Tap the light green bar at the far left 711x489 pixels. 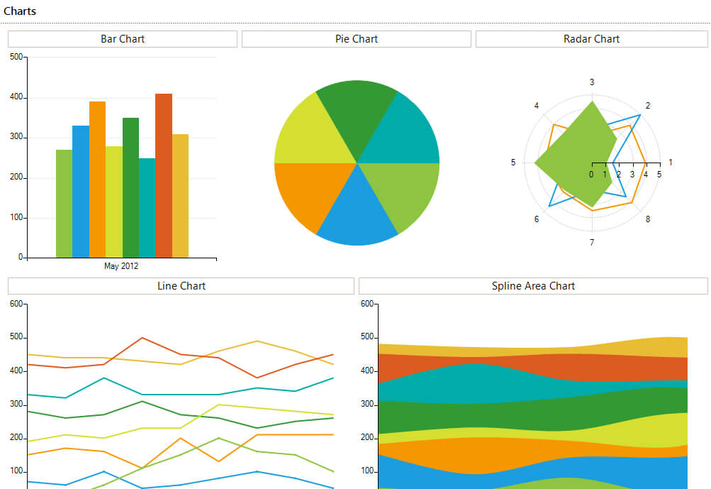pos(64,203)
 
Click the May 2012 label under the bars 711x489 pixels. pos(121,266)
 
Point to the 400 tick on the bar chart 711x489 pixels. pos(16,97)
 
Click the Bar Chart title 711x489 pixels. pos(123,39)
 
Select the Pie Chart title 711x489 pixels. pos(357,39)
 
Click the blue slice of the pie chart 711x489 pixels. pos(357,213)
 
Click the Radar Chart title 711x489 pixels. pos(591,39)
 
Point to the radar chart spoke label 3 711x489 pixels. pos(592,82)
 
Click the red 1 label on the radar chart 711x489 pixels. pos(671,163)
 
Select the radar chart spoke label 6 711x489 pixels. pos(537,219)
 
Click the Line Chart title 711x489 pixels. pos(181,286)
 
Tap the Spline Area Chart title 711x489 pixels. pos(533,286)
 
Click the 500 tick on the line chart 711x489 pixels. pos(16,337)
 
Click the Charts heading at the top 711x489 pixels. pos(20,11)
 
